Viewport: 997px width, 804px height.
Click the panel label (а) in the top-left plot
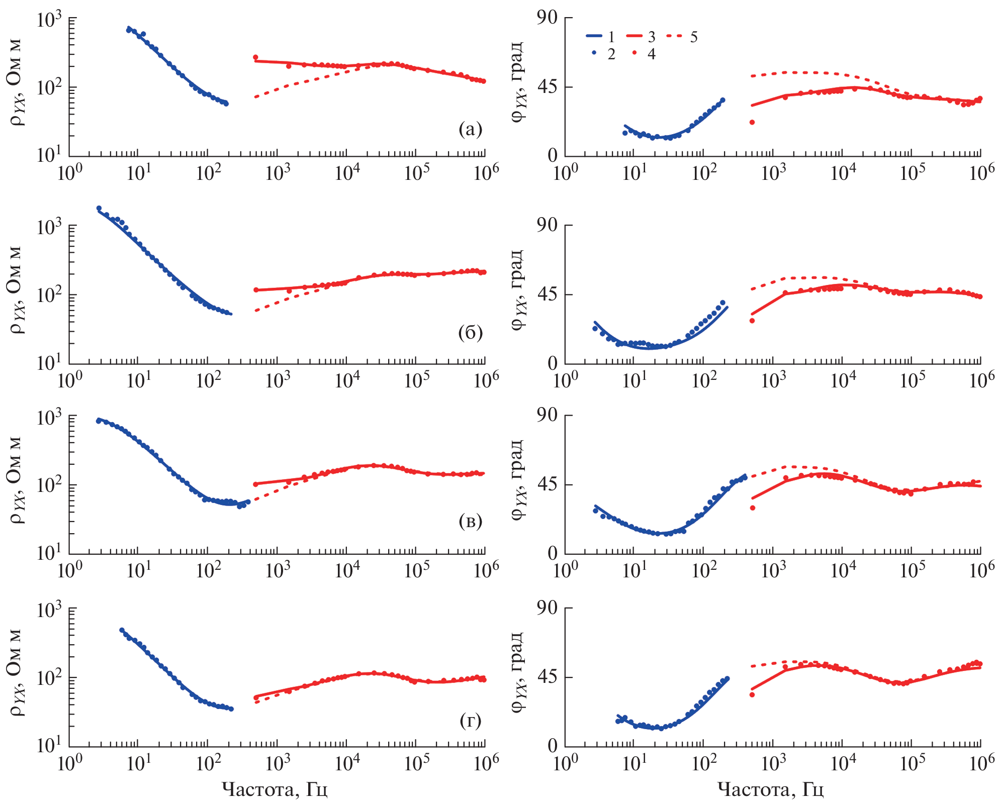point(470,130)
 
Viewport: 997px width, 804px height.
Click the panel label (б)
point(470,333)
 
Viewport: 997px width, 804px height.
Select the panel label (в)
point(470,522)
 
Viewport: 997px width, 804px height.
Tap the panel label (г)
point(470,721)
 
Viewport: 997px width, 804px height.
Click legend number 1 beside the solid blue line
point(611,37)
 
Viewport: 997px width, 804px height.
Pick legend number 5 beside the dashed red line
point(694,37)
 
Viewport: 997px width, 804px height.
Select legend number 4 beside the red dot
point(652,54)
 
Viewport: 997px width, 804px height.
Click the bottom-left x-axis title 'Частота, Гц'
point(275,789)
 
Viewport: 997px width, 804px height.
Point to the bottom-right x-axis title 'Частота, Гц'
point(770,789)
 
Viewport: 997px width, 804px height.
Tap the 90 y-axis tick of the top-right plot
point(548,18)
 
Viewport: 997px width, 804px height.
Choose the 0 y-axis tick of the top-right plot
point(553,156)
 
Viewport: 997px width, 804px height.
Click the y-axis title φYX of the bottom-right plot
point(518,673)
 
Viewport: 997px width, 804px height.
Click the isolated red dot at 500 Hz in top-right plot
point(752,122)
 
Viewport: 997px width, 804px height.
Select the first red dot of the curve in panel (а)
point(255,57)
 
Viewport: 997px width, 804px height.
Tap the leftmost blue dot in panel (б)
point(99,208)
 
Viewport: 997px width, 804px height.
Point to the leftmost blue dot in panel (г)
point(122,630)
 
